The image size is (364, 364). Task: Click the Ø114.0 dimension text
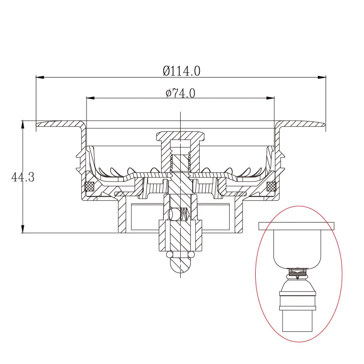[181, 71]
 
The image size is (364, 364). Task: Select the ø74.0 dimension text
[180, 93]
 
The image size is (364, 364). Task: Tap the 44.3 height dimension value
[23, 177]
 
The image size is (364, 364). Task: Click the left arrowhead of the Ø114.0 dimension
[40, 77]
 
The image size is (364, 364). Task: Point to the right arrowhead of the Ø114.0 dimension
[322, 77]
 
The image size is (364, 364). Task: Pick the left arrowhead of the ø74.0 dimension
[91, 98]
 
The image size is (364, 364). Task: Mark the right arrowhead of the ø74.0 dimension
[270, 98]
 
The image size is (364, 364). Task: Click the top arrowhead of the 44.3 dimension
[22, 125]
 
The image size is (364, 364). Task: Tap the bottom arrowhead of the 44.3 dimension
[22, 229]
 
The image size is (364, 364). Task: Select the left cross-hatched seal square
[90, 186]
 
